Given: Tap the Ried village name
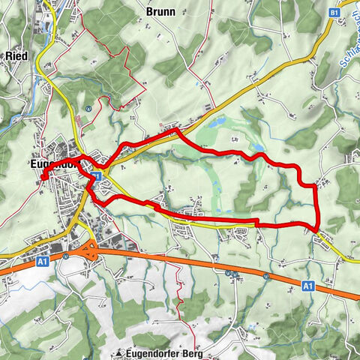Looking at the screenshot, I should pos(16,55).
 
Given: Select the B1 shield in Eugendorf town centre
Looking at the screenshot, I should pos(97,175).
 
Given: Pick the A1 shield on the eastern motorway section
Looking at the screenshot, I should pos(308,285).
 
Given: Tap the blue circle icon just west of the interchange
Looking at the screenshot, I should pos(67,255).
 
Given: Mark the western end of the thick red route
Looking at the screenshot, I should pos(43,176).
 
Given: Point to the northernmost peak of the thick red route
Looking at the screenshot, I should pos(177,131).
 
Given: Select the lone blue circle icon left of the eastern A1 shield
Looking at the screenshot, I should pos(266,276).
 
